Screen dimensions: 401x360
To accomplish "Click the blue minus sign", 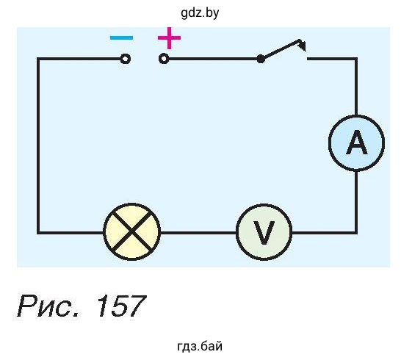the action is coord(121,38).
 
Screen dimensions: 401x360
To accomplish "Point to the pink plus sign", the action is coord(169,38).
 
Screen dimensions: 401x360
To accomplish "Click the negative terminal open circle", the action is coord(126,59).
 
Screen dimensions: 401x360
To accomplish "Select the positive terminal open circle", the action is coord(164,59).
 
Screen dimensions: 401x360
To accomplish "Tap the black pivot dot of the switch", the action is coord(261,59).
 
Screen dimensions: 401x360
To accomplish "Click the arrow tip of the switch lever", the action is coord(305,50).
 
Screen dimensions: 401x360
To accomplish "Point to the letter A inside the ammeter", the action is coord(356,143).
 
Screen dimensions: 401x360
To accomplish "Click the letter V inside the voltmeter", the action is coord(264,233).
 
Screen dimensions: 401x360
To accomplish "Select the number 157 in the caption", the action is coord(122,306).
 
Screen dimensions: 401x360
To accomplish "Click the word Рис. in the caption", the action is coord(48,306).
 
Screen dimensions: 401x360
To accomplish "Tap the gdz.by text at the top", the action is coord(200,12).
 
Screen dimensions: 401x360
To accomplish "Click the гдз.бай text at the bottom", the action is coord(200,346).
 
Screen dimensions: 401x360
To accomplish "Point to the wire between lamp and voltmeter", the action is coord(198,233).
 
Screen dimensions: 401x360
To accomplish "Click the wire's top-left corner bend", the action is coord(39,59).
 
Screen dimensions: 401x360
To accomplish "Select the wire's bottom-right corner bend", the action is coord(355,233).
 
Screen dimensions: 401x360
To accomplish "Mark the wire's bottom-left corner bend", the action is coord(39,233).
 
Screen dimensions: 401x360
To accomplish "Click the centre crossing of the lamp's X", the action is coord(131,232).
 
